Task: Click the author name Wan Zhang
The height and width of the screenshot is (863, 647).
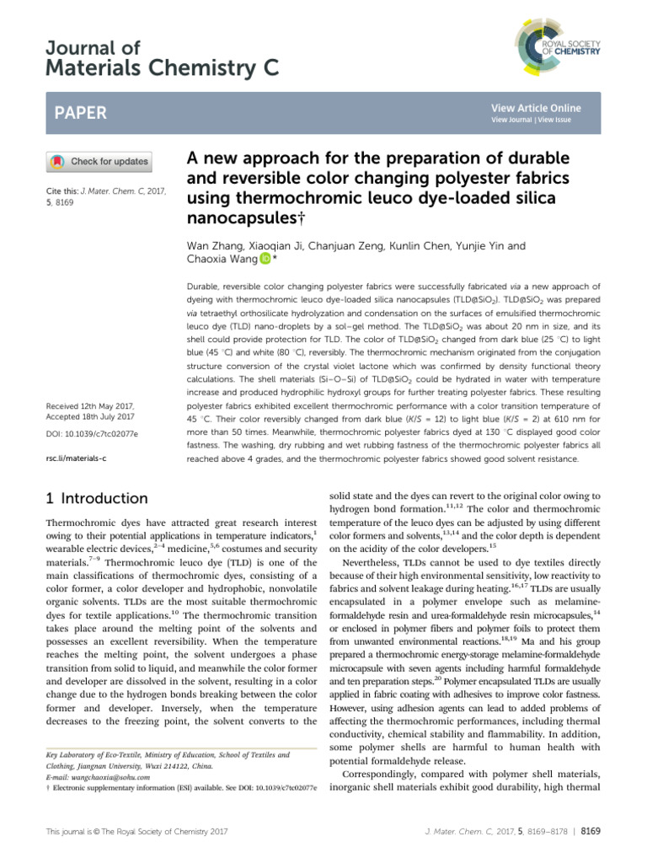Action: (x=211, y=245)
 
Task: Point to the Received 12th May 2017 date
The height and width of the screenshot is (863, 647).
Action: (x=94, y=405)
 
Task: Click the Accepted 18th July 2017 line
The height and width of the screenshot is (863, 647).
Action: (x=95, y=416)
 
